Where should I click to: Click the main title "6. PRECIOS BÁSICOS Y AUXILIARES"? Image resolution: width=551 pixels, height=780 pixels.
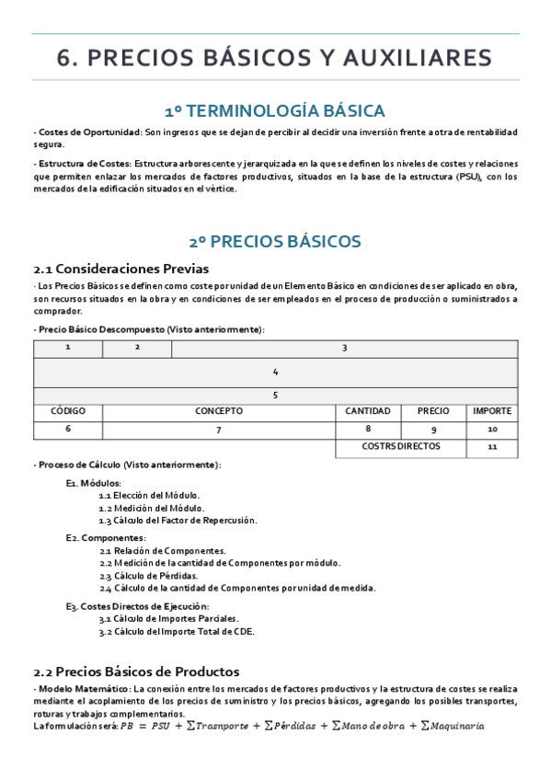[275, 58]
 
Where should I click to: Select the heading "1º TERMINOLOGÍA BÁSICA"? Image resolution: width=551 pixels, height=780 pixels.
[275, 111]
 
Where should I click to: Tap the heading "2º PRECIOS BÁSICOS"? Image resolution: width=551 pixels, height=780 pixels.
[275, 242]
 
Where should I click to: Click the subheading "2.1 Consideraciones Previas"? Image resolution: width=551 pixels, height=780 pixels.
[121, 269]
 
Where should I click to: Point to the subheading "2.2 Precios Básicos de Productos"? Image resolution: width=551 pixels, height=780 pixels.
[136, 671]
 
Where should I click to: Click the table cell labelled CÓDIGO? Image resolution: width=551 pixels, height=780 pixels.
[67, 411]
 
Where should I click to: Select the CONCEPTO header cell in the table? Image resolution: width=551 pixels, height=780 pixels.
[219, 411]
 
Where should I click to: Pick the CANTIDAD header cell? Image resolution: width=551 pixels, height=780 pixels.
[368, 411]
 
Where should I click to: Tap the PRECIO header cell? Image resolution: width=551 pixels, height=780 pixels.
[433, 411]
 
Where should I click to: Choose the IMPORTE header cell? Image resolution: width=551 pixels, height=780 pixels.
[492, 411]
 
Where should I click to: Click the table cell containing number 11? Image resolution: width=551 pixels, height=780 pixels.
[492, 447]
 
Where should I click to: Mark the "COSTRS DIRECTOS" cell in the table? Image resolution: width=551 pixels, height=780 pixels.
[400, 447]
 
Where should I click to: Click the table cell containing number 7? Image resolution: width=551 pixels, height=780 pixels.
[219, 430]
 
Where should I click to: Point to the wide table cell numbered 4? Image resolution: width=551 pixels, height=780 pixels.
[275, 372]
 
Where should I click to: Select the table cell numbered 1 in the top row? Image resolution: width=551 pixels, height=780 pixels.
[67, 348]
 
